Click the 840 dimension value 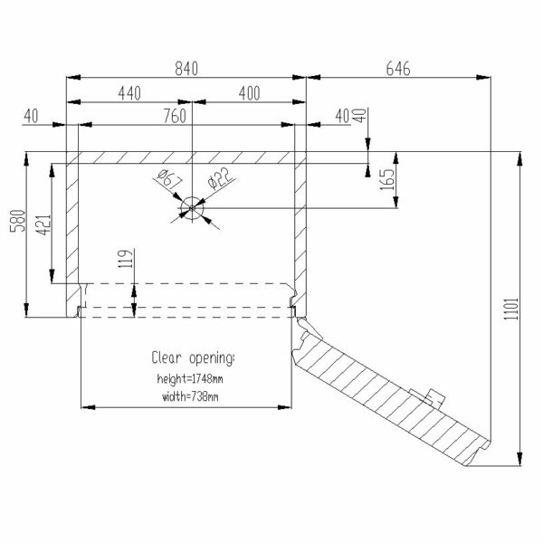click(x=186, y=68)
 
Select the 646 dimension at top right click(x=398, y=68)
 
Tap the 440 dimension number click(x=129, y=93)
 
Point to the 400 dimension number click(x=250, y=93)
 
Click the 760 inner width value click(x=175, y=116)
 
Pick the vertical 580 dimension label click(x=18, y=221)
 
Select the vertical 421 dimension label click(x=43, y=225)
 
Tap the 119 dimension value click(x=126, y=258)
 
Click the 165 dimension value click(x=386, y=179)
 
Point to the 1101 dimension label click(x=511, y=309)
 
